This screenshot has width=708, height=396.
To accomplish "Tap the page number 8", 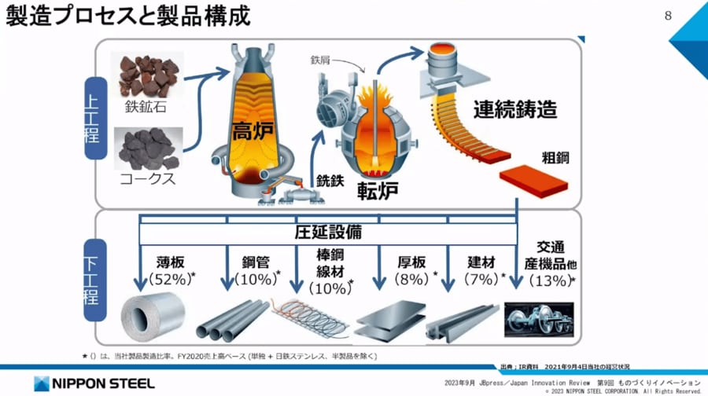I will (x=669, y=16).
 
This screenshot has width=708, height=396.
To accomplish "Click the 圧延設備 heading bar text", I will (x=328, y=233).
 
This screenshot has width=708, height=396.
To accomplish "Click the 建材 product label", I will (x=478, y=258).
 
